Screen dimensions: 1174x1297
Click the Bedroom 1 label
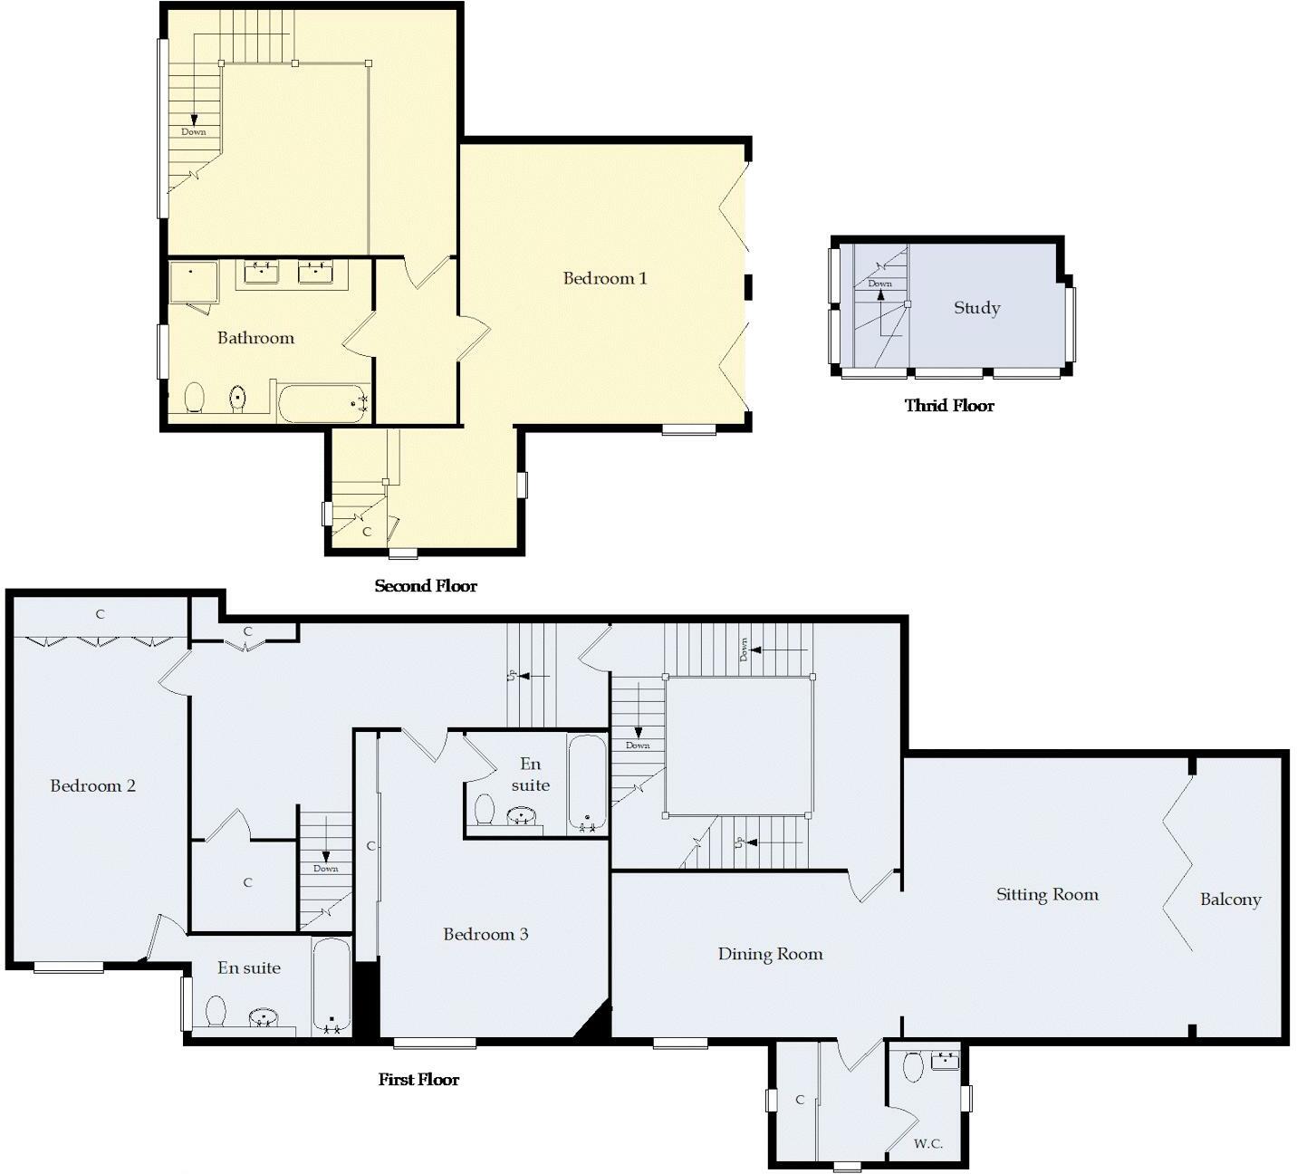click(605, 278)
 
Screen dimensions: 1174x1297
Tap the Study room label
click(976, 308)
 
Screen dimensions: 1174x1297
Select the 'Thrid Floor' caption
click(949, 406)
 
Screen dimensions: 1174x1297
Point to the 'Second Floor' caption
click(426, 586)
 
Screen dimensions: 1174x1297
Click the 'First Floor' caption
click(418, 1080)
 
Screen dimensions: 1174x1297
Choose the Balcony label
click(1230, 900)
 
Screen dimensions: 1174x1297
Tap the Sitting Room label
click(1047, 895)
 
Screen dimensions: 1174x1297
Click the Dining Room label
click(770, 954)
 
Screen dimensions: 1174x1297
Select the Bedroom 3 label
click(485, 934)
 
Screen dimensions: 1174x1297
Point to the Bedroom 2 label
click(92, 785)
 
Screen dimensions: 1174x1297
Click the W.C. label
click(927, 1144)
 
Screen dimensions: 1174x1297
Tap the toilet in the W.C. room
click(913, 1066)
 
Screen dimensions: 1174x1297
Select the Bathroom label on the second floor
click(255, 338)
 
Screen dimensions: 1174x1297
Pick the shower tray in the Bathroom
click(193, 283)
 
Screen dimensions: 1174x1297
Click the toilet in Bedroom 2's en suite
click(216, 1010)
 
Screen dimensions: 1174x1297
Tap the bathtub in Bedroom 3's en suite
click(587, 784)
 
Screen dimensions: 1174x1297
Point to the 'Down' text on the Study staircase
click(879, 284)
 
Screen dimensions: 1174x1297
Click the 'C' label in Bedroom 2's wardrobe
click(100, 614)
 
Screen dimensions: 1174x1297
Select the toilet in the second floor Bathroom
click(194, 398)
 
